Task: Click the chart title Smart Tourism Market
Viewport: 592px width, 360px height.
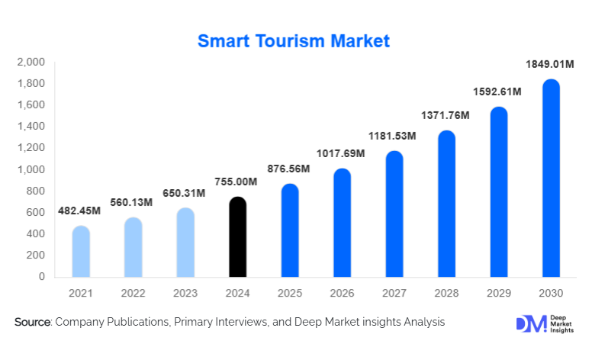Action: click(294, 41)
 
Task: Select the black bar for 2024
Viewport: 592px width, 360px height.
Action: click(238, 237)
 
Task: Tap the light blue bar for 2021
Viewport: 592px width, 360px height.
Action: click(82, 252)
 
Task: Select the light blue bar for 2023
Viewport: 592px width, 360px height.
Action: click(185, 243)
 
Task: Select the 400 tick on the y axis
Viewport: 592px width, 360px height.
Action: click(36, 234)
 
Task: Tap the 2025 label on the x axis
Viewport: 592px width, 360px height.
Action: click(290, 294)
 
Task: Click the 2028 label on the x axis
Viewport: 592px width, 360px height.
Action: click(446, 294)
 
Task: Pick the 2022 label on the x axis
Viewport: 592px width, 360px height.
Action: click(134, 294)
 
